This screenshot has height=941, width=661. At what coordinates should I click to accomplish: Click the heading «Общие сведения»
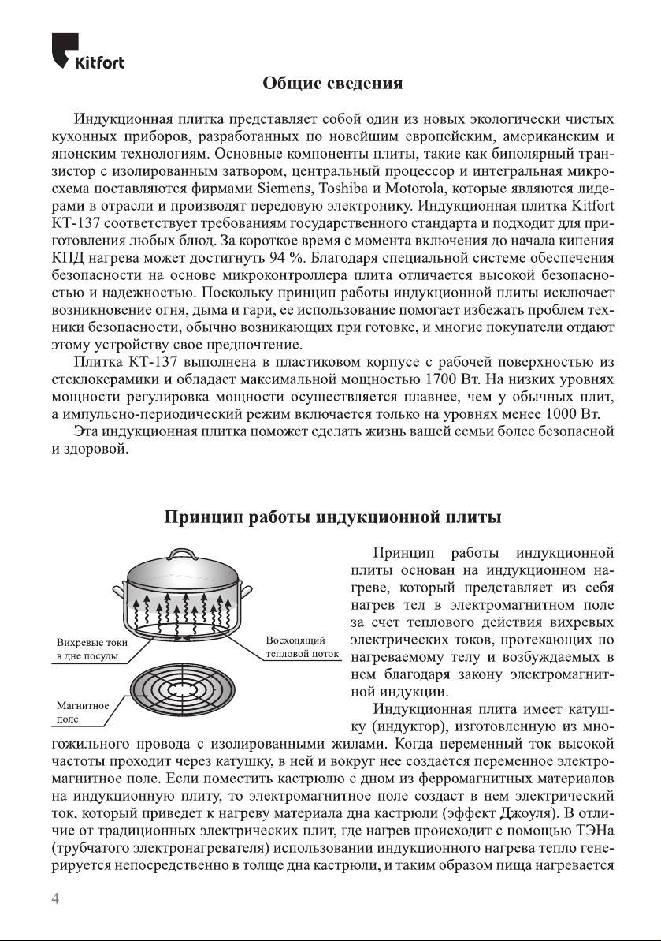point(332,83)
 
